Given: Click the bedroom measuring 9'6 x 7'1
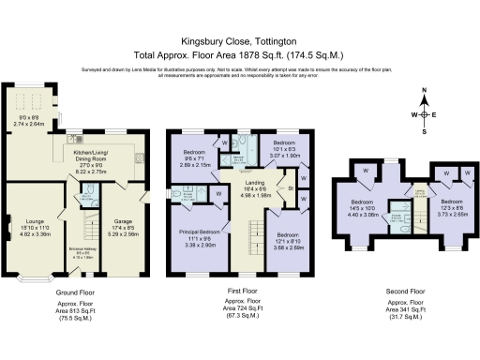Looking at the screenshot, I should pos(195,157).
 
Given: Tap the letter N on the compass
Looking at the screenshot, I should pos(425,91).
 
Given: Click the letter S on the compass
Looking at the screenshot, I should pos(425,132).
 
